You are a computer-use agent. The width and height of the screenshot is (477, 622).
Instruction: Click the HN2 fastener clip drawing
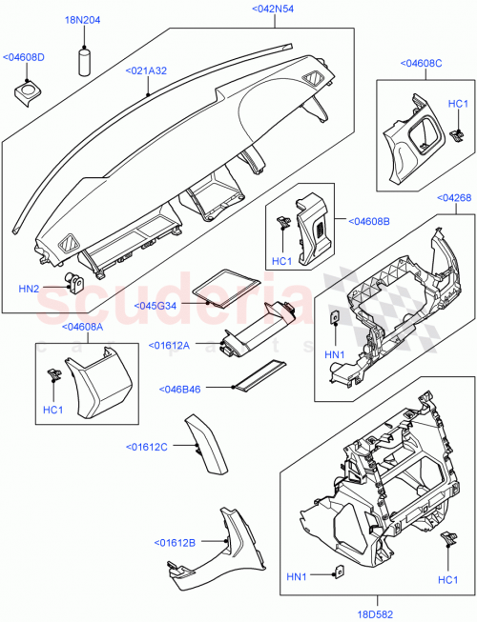[73, 282]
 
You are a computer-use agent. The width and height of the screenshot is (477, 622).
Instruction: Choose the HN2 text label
[31, 288]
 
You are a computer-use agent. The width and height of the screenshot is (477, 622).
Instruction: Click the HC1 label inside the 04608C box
[458, 103]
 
